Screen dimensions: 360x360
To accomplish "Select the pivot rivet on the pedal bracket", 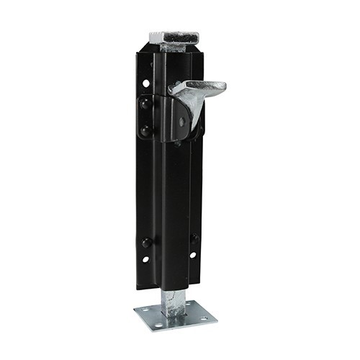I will point(182,122).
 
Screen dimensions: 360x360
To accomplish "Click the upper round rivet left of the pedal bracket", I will point(146,104).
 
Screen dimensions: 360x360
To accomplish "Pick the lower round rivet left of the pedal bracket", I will point(146,130).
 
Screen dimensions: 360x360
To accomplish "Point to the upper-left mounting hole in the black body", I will point(146,84).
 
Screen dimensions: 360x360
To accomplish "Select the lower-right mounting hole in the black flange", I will point(192,255).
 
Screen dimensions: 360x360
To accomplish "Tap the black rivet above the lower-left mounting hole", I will point(146,242).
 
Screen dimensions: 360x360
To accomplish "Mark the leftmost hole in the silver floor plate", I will point(143,311).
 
